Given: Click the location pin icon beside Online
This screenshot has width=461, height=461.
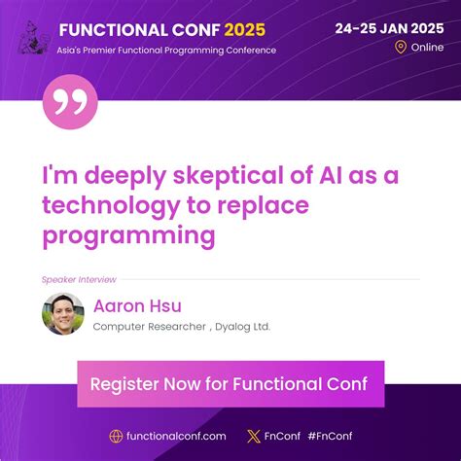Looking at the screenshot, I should tap(400, 47).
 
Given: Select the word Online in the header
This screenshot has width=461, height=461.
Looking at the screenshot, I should tap(427, 47).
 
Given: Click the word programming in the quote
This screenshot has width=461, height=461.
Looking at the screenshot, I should tap(127, 234).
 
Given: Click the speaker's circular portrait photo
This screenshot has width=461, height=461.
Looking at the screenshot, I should tap(62, 314).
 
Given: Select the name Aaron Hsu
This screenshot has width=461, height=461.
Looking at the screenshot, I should tap(137, 306).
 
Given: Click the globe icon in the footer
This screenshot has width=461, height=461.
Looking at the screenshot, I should tap(116, 437).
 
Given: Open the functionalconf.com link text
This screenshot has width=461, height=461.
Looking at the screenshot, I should tap(175, 437).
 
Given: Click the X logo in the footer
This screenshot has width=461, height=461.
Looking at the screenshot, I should tap(254, 437).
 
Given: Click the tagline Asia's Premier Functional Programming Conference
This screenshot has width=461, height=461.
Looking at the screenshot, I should tap(167, 50).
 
